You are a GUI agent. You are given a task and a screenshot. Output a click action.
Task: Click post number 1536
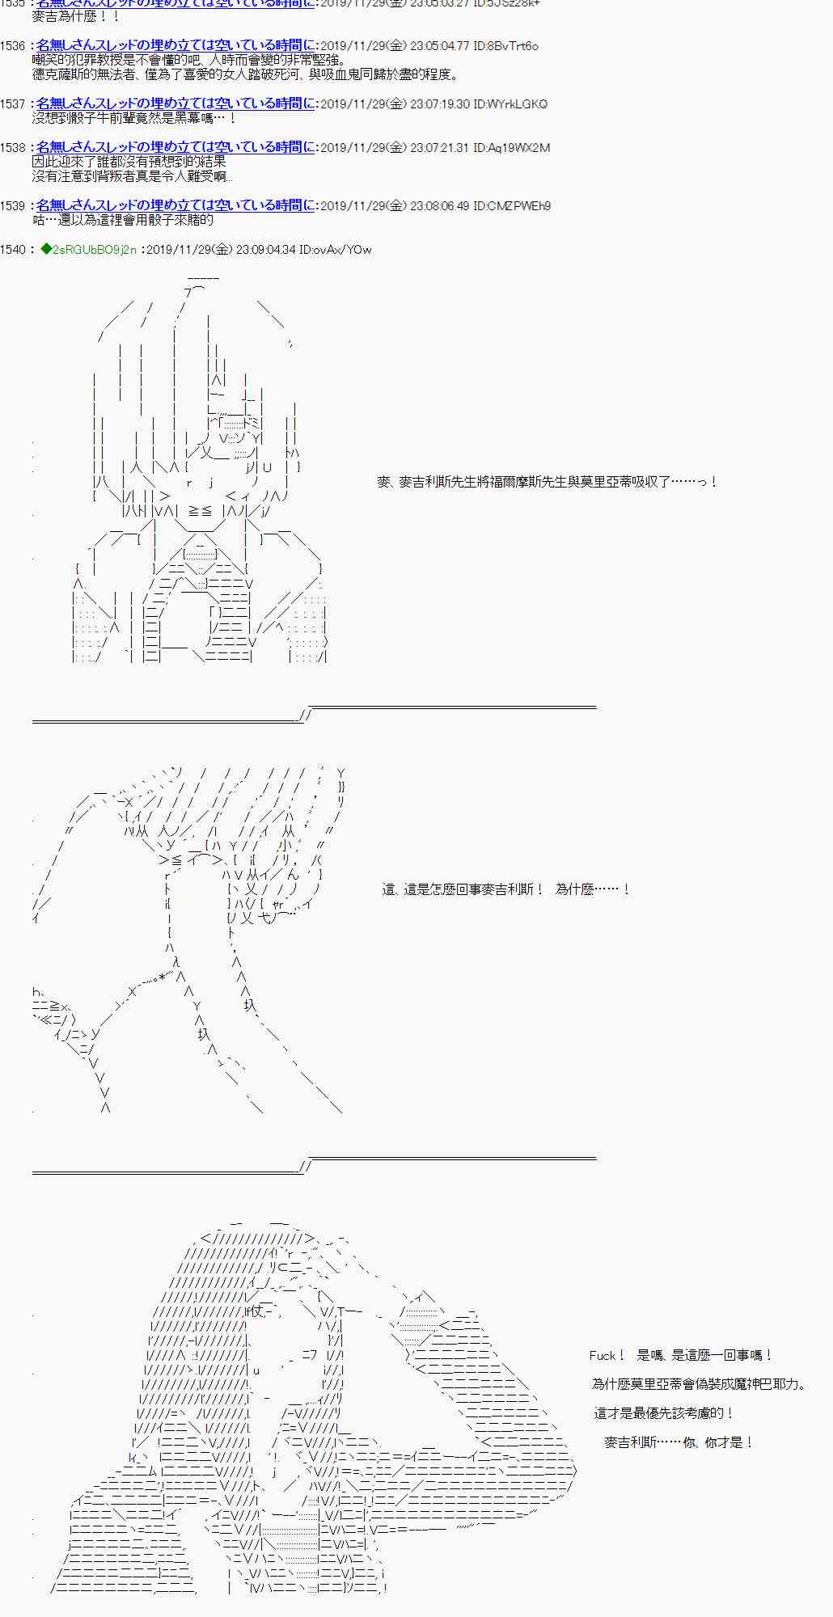tap(13, 46)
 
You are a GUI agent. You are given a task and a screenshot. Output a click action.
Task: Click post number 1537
tap(13, 104)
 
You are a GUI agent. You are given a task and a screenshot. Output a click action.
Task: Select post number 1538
tap(13, 148)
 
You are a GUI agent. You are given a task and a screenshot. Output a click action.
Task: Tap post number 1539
tap(13, 206)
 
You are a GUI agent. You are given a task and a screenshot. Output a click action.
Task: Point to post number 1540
tap(13, 250)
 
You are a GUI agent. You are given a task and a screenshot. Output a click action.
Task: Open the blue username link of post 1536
tap(175, 46)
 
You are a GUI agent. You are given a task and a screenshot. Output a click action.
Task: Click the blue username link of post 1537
tap(175, 104)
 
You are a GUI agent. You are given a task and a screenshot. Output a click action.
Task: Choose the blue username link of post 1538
tap(175, 148)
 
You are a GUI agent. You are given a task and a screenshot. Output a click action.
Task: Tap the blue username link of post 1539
tap(175, 206)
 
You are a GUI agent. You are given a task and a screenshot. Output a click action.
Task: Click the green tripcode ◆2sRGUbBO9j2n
tap(88, 250)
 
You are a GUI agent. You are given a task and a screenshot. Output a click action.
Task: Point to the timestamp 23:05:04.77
tap(440, 46)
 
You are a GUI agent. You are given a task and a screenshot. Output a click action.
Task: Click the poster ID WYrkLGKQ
tap(518, 104)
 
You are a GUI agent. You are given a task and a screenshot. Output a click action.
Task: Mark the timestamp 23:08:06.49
tap(440, 206)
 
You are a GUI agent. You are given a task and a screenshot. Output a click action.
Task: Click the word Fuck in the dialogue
tap(603, 1356)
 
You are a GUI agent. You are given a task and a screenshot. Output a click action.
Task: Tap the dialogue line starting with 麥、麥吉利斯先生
tap(547, 483)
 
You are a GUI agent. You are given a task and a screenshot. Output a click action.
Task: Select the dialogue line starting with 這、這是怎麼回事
tap(505, 889)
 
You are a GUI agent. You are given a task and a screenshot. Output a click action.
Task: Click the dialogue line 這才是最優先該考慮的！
tap(663, 1413)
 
